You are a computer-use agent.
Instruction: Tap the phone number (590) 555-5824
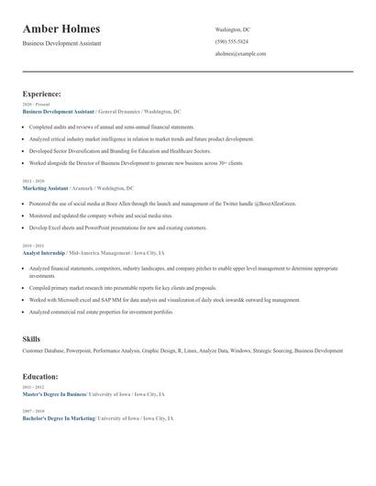pyautogui.click(x=231, y=41)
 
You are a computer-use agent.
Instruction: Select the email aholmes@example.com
pyautogui.click(x=240, y=53)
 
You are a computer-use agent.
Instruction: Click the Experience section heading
pyautogui.click(x=42, y=94)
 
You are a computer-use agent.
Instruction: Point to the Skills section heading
pyautogui.click(x=31, y=339)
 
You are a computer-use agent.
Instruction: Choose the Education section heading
pyautogui.click(x=40, y=376)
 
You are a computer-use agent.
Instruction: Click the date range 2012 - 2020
pyautogui.click(x=33, y=182)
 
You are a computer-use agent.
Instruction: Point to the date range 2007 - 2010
pyautogui.click(x=33, y=410)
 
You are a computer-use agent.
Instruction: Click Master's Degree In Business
pyautogui.click(x=55, y=394)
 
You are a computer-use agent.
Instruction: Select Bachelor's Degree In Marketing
pyautogui.click(x=59, y=417)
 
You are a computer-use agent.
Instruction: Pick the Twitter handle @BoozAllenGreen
pyautogui.click(x=240, y=204)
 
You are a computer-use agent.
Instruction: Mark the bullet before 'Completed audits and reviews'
pyautogui.click(x=25, y=127)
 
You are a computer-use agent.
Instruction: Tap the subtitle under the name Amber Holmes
pyautogui.click(x=62, y=43)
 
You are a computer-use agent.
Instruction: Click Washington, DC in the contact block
pyautogui.click(x=232, y=29)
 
